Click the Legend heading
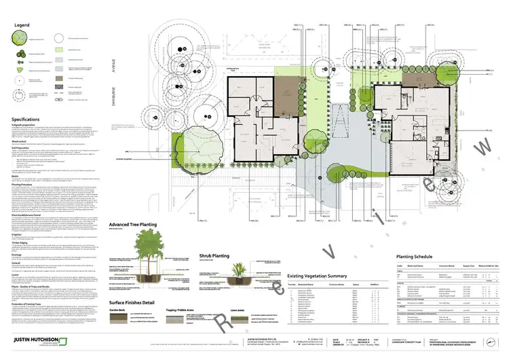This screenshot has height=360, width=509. pos(22,25)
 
